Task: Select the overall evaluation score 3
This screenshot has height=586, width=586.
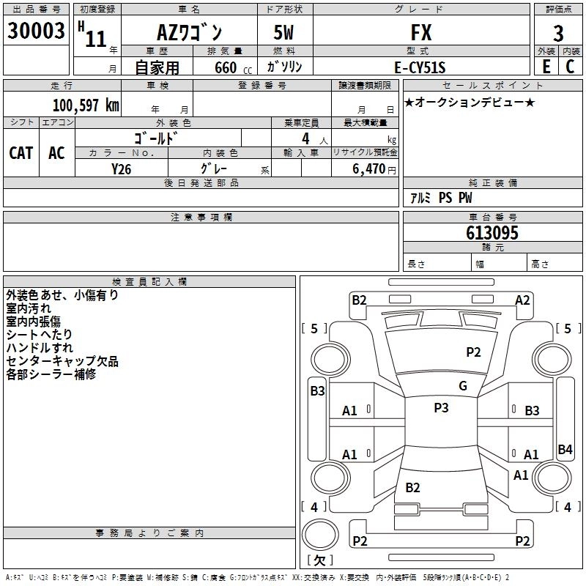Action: pyautogui.click(x=558, y=34)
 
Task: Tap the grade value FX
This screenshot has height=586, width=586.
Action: pyautogui.click(x=420, y=33)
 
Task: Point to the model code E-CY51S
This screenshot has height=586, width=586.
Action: pyautogui.click(x=420, y=67)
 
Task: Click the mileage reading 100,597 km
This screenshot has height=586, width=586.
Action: pyautogui.click(x=86, y=105)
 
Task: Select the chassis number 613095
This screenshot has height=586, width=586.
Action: pyautogui.click(x=492, y=233)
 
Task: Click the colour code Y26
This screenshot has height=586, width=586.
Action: pyautogui.click(x=121, y=168)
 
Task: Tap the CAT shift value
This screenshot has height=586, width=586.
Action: pyautogui.click(x=21, y=153)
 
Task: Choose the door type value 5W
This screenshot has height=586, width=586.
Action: pyautogui.click(x=286, y=34)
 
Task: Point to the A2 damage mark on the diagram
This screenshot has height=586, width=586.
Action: pyautogui.click(x=522, y=300)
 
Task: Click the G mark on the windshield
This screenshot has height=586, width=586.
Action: pyautogui.click(x=462, y=386)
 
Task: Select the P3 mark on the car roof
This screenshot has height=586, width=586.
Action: pyautogui.click(x=441, y=408)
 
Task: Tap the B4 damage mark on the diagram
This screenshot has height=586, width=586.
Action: pyautogui.click(x=565, y=449)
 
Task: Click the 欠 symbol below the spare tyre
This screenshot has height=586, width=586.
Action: pyautogui.click(x=319, y=560)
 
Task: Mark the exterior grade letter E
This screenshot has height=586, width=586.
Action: pyautogui.click(x=546, y=66)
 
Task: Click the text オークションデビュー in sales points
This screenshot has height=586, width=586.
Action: pyautogui.click(x=470, y=102)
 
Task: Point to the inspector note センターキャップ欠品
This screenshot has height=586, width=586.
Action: pyautogui.click(x=62, y=361)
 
